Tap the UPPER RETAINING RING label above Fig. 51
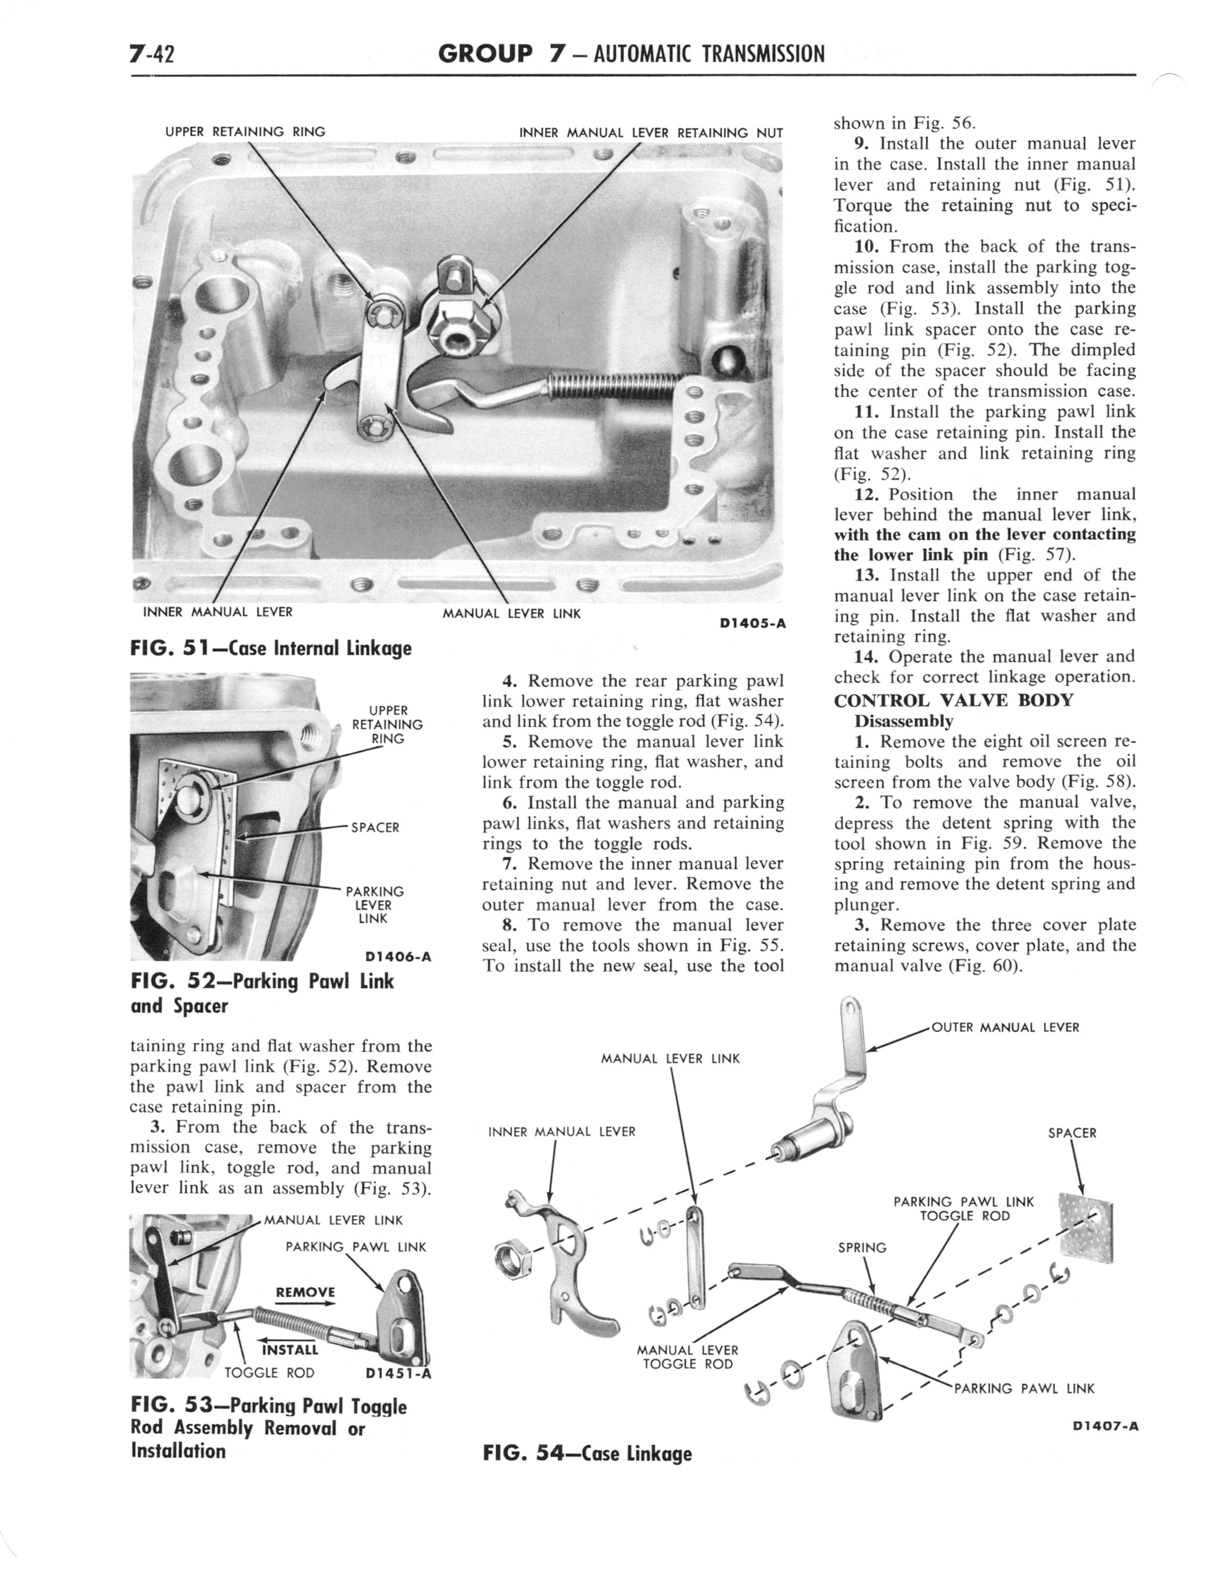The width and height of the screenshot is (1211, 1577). [x=245, y=132]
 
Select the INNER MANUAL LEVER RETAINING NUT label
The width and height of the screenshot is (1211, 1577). [x=650, y=133]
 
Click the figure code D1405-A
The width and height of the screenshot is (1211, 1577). [x=752, y=624]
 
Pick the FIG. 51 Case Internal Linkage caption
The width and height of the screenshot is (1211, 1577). [x=271, y=648]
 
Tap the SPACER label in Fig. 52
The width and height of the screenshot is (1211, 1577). [x=375, y=827]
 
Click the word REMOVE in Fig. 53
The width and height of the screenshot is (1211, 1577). [x=306, y=1292]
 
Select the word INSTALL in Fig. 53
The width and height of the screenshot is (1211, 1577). [x=290, y=1349]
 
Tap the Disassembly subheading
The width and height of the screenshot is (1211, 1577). [x=903, y=721]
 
